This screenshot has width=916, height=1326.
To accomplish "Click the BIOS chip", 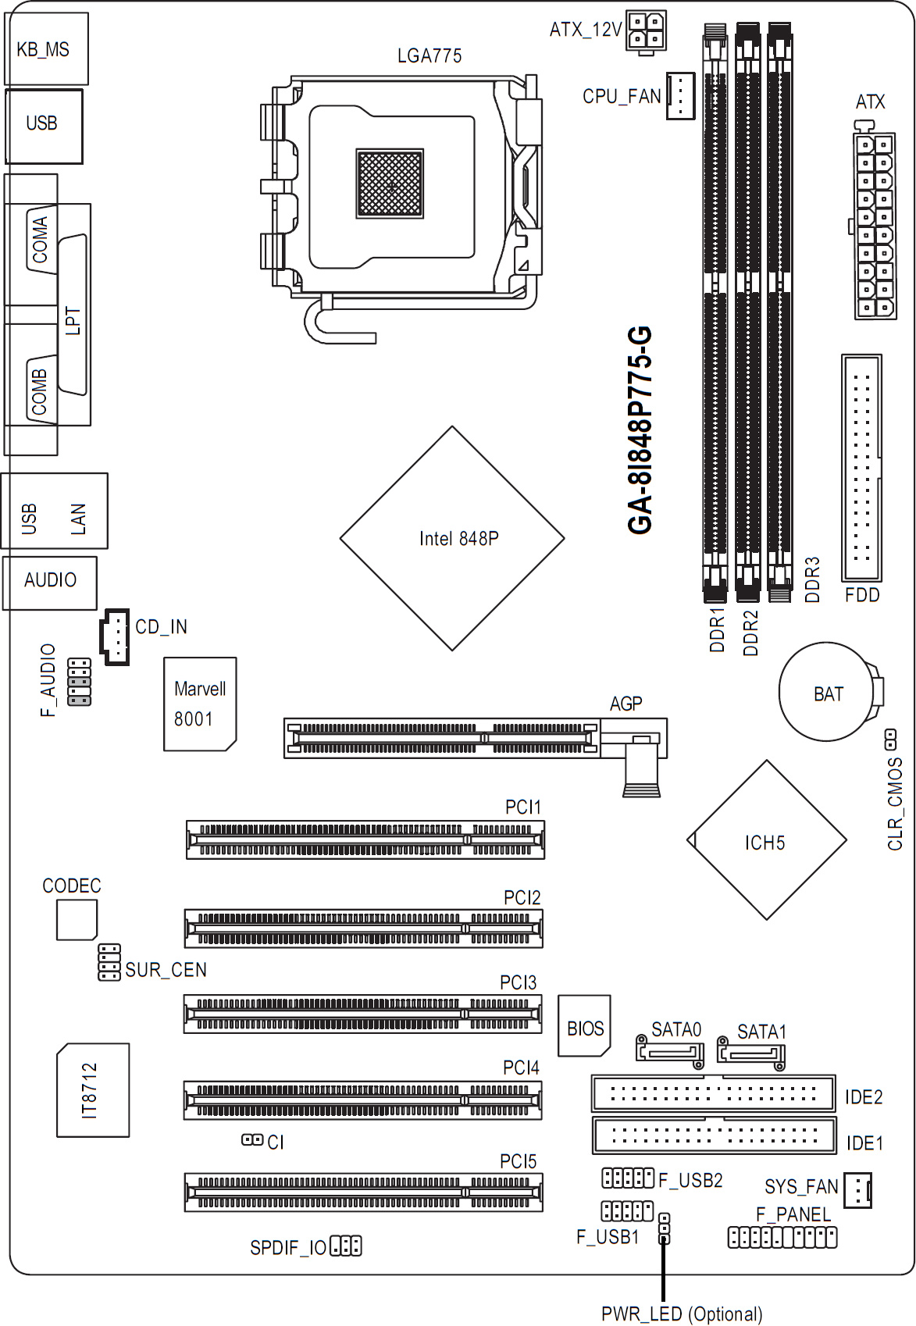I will coord(584,1026).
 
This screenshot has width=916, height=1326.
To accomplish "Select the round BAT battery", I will coord(828,693).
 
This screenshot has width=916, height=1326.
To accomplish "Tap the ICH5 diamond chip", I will coord(766,841).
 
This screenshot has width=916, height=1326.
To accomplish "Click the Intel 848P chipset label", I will coord(458,538).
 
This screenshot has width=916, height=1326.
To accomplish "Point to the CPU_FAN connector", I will coord(680,96).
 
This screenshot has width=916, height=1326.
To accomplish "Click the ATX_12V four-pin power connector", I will coord(646,31).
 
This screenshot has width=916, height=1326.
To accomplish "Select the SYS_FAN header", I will coord(858,1190).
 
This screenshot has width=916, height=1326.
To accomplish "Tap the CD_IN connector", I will coord(114,636).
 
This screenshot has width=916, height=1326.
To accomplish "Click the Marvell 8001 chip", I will coord(199,704).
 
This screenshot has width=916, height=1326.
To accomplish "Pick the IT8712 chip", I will coord(92,1089).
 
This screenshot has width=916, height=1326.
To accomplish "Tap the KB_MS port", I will coord(45,48).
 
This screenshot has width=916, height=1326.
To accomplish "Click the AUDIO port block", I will coord(50,582).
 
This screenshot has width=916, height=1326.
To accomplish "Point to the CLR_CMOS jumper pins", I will coord(890,738).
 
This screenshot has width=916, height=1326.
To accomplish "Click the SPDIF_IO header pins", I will coord(346,1246).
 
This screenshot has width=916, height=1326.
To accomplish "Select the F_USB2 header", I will coord(627,1177).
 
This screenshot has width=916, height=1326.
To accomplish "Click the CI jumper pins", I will coord(251,1140).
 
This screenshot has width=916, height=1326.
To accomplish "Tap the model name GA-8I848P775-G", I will coord(640,430).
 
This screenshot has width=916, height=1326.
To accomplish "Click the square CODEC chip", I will coord(76,919).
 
